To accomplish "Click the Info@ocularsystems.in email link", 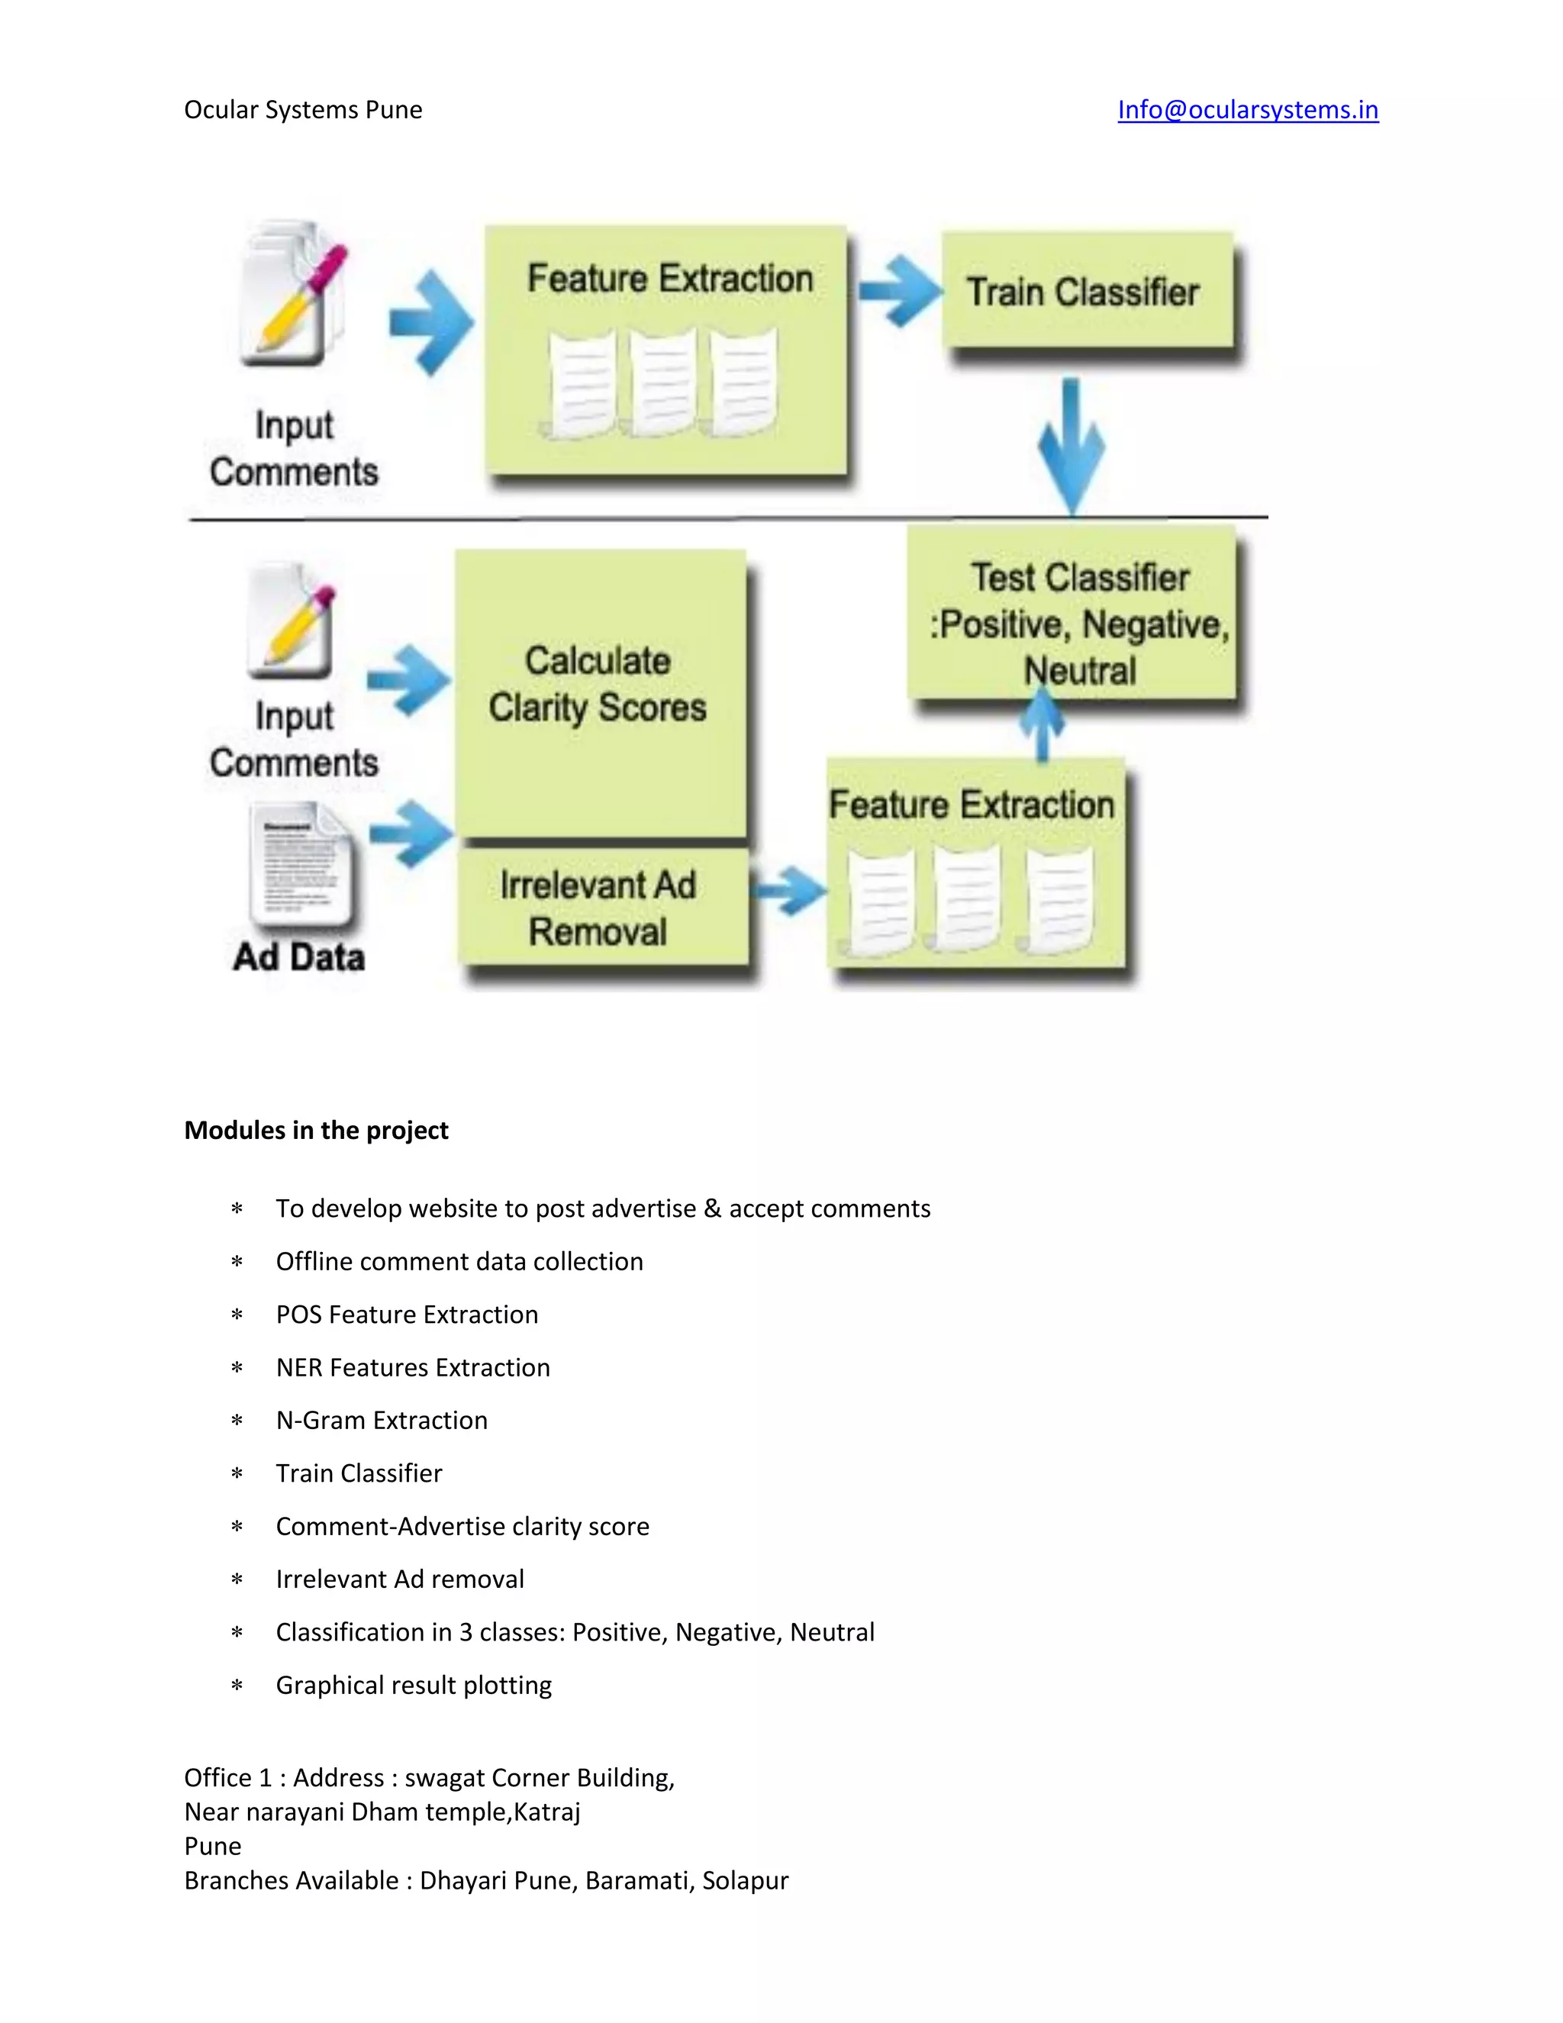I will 1247,109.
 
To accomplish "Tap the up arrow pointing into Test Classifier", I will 1043,726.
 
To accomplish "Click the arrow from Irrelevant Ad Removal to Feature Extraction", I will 789,891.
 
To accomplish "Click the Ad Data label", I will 299,957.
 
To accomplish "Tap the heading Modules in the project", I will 316,1130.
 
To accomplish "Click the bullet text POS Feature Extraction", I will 407,1315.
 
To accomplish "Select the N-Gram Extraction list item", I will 382,1420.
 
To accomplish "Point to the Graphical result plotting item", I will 413,1685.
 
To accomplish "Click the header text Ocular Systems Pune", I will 303,109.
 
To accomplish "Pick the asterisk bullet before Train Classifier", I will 237,1473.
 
